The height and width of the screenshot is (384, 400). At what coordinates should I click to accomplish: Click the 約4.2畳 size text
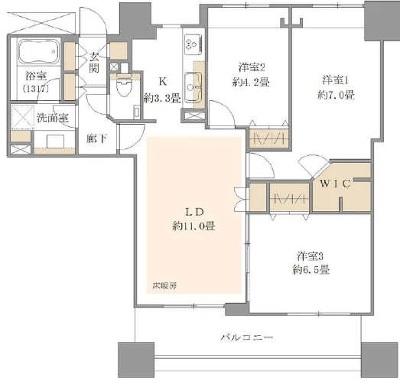[252, 81]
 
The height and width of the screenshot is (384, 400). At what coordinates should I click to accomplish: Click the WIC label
[336, 184]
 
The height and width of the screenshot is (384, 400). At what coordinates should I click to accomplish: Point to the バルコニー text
[246, 337]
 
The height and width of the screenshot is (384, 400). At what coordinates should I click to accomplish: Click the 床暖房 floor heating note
[161, 286]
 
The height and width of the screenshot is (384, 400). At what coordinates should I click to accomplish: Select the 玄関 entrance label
[94, 63]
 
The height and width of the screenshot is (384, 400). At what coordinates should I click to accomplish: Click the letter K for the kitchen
[162, 82]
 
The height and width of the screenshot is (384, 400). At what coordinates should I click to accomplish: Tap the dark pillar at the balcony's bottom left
[135, 360]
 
